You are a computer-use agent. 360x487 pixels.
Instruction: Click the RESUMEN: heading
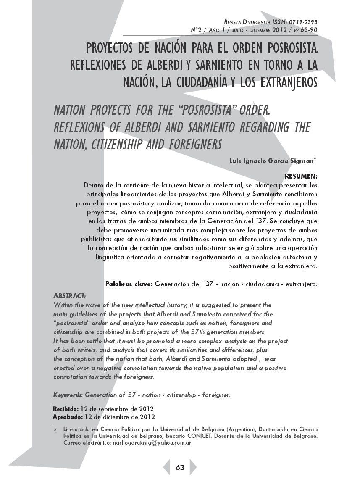(301, 176)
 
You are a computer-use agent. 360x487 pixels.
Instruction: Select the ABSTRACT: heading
(69, 295)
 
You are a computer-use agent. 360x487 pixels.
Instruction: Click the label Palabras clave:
(129, 284)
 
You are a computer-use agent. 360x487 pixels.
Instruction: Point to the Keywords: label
(68, 395)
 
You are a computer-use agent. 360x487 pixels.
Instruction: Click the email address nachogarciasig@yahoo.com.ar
(152, 443)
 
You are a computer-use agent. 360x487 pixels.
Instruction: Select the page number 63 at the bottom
(180, 468)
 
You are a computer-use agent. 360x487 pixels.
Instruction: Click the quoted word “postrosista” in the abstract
(68, 323)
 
